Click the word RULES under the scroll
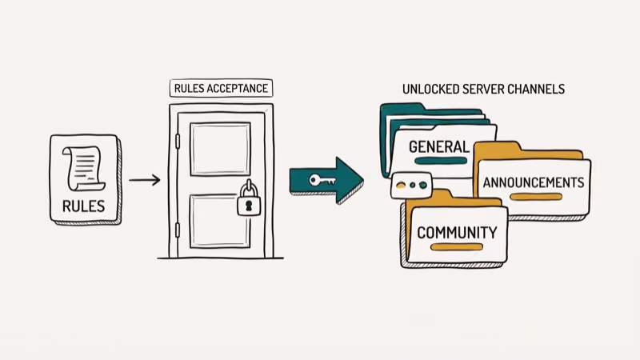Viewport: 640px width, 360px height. click(84, 206)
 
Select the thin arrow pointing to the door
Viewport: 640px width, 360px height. click(144, 180)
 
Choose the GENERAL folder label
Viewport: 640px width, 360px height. click(438, 147)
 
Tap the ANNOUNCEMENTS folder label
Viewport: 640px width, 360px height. click(533, 182)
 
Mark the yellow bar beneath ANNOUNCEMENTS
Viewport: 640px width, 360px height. click(531, 197)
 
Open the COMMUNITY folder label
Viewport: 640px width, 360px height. click(457, 233)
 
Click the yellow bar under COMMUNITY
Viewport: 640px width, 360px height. click(456, 247)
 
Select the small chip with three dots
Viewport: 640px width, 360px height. click(410, 185)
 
